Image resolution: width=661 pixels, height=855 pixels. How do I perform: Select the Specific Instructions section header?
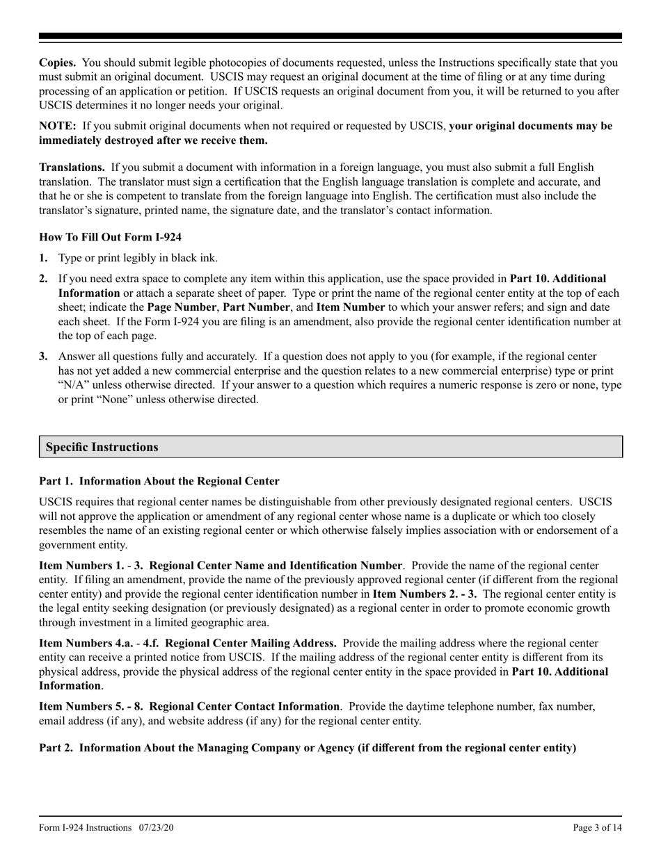pyautogui.click(x=102, y=447)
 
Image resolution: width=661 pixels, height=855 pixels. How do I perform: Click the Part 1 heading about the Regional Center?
pyautogui.click(x=159, y=481)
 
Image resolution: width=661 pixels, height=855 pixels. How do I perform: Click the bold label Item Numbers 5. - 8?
pyautogui.click(x=84, y=706)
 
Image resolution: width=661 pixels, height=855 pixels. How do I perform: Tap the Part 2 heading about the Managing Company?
pyautogui.click(x=308, y=748)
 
